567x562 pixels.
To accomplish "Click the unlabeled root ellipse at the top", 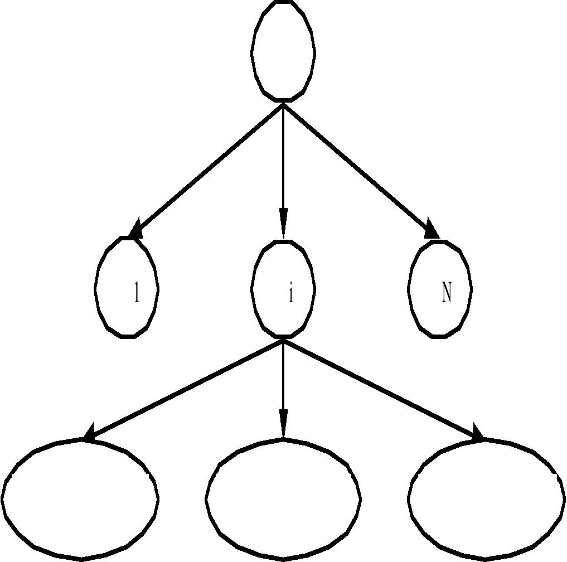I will pyautogui.click(x=283, y=51).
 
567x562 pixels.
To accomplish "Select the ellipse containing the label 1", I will pyautogui.click(x=127, y=287).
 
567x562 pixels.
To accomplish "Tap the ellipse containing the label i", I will pyautogui.click(x=283, y=288).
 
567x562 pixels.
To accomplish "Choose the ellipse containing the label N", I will pyautogui.click(x=440, y=288).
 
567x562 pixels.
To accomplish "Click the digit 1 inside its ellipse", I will pyautogui.click(x=136, y=292).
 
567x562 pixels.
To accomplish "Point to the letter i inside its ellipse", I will pyautogui.click(x=290, y=293).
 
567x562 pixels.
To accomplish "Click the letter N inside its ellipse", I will pyautogui.click(x=446, y=292).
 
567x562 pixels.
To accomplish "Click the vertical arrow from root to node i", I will pyautogui.click(x=283, y=156).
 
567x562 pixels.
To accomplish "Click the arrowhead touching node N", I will pyautogui.click(x=431, y=229).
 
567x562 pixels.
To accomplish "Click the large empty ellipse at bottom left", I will pyautogui.click(x=80, y=498).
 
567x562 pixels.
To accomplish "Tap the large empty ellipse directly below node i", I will pyautogui.click(x=283, y=498).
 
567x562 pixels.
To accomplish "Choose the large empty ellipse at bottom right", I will pyautogui.click(x=486, y=498).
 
